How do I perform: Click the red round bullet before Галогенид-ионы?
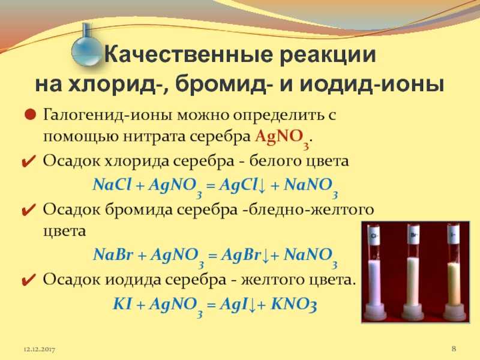(x=30, y=115)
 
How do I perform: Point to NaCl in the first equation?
(x=112, y=185)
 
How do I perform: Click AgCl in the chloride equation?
(x=238, y=185)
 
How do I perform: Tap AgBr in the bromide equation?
(x=241, y=254)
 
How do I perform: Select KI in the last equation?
(x=122, y=304)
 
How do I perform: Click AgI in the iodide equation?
(x=234, y=304)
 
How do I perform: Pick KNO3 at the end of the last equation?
(x=293, y=304)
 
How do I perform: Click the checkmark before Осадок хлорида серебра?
(x=29, y=161)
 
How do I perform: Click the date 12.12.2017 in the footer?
(x=39, y=349)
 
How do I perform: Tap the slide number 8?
(x=454, y=349)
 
